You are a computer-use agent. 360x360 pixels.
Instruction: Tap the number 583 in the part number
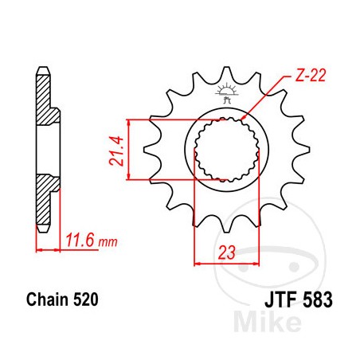312,303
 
